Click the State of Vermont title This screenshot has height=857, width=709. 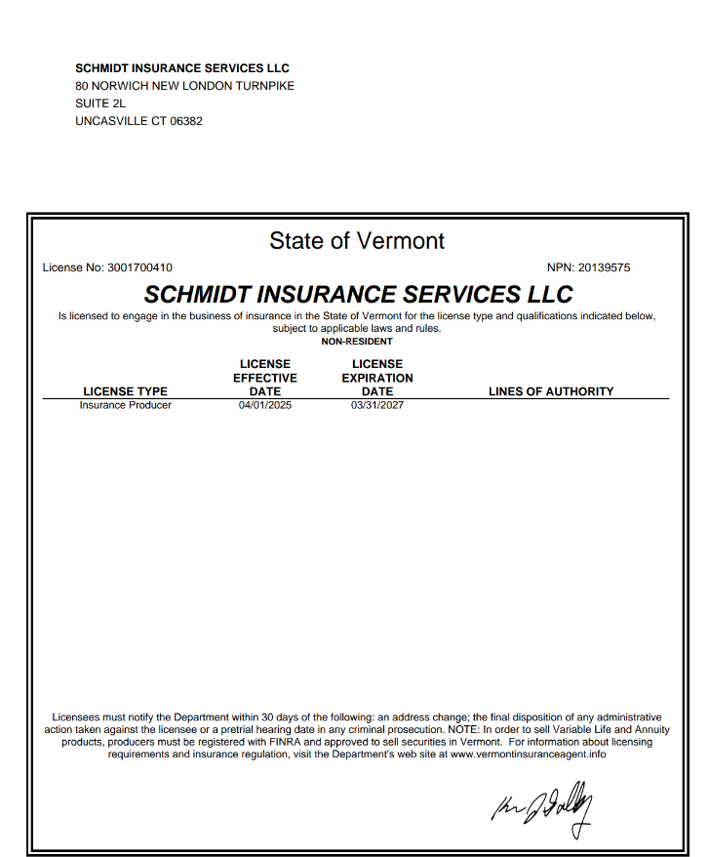click(x=357, y=241)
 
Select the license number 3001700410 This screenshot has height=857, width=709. click(x=140, y=267)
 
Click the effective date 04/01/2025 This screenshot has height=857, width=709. click(x=265, y=405)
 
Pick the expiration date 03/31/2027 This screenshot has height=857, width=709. click(x=377, y=405)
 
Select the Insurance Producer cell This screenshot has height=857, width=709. click(x=125, y=405)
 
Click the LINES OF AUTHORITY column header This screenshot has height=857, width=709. click(x=551, y=391)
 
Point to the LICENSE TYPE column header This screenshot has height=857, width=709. click(x=125, y=391)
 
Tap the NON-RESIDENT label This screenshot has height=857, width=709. click(x=357, y=342)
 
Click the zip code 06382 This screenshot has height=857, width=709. click(x=186, y=121)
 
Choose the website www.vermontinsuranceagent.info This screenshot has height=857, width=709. click(x=528, y=754)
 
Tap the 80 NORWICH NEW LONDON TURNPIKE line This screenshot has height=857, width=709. click(x=184, y=86)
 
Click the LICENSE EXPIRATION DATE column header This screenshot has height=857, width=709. click(x=377, y=378)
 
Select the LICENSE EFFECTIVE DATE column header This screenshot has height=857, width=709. click(x=265, y=378)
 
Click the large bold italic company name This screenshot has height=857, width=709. click(x=358, y=294)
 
